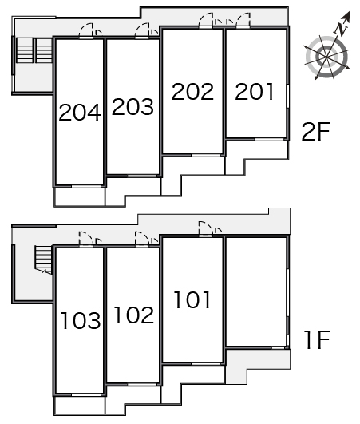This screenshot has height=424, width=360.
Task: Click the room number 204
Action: coord(80,113)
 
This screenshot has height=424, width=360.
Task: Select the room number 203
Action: coord(133,106)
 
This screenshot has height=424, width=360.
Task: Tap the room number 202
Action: coord(192,91)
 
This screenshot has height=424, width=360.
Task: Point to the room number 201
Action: coord(255,91)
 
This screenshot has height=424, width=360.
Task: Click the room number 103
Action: coord(81,320)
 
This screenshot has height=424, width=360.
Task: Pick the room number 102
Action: coord(134,315)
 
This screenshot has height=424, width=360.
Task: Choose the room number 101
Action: coord(192,299)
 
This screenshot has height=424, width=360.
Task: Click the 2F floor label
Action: coord(316,132)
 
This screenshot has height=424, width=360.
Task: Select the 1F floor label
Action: coord(317,339)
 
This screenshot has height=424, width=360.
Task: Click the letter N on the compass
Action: coord(341,28)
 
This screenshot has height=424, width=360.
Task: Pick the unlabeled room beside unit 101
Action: coord(256,291)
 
